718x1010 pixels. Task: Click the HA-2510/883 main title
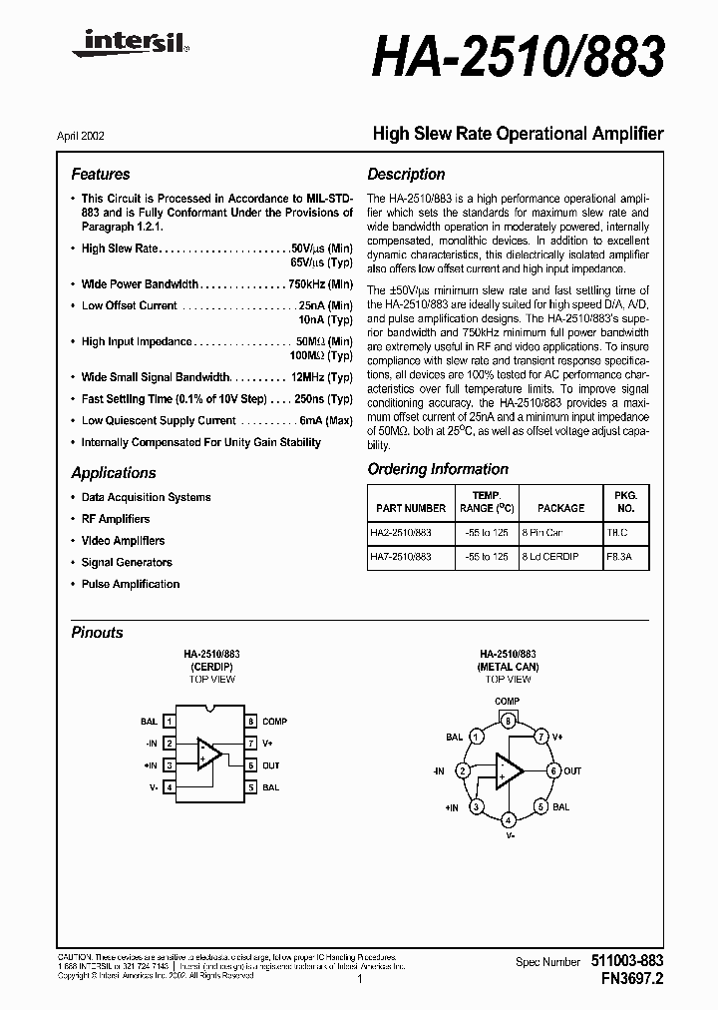click(x=517, y=58)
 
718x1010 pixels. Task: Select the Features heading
click(x=101, y=174)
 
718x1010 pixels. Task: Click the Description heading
click(x=406, y=174)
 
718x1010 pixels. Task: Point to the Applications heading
click(x=114, y=473)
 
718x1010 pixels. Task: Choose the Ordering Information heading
click(x=438, y=469)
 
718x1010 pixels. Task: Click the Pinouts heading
click(x=98, y=632)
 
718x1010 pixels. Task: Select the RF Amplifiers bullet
click(x=116, y=519)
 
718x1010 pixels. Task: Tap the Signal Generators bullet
click(x=127, y=563)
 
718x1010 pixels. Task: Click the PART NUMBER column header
click(x=412, y=508)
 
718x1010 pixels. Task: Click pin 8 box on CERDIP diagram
click(x=252, y=721)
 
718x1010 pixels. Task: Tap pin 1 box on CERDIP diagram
click(x=171, y=721)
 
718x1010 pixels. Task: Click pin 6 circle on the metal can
click(x=553, y=771)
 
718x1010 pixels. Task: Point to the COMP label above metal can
click(x=508, y=702)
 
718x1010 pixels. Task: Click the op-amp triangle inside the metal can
click(x=509, y=770)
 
